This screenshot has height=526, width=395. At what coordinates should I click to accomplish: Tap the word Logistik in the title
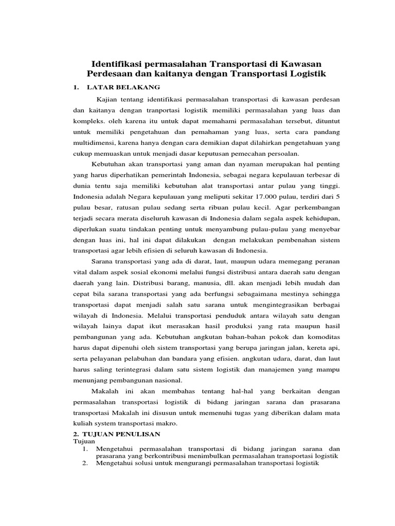304,74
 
